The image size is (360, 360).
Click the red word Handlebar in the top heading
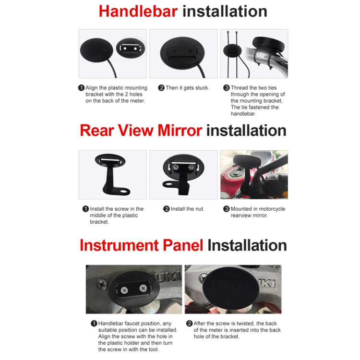pyautogui.click(x=138, y=12)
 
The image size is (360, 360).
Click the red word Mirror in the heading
pyautogui.click(x=180, y=131)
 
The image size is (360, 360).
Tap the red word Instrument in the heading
pyautogui.click(x=119, y=245)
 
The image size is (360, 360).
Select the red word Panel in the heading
pyautogui.click(x=183, y=245)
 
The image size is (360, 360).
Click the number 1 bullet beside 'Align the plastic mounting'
pyautogui.click(x=81, y=88)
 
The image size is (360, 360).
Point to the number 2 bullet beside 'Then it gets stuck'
pyautogui.click(x=161, y=88)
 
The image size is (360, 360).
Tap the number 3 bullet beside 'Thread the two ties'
pyautogui.click(x=227, y=88)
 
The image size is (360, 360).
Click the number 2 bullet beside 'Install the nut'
pyautogui.click(x=166, y=209)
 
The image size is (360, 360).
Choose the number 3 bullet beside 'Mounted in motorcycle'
pyautogui.click(x=227, y=209)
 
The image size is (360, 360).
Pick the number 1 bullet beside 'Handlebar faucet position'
pyautogui.click(x=94, y=324)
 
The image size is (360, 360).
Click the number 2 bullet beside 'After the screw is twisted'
pyautogui.click(x=189, y=324)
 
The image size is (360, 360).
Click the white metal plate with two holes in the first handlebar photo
pyautogui.click(x=130, y=48)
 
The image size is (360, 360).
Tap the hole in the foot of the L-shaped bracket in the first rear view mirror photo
pyautogui.click(x=125, y=191)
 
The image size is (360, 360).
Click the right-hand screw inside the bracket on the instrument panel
pyautogui.click(x=143, y=288)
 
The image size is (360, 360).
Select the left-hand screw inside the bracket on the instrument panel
pyautogui.click(x=124, y=290)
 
